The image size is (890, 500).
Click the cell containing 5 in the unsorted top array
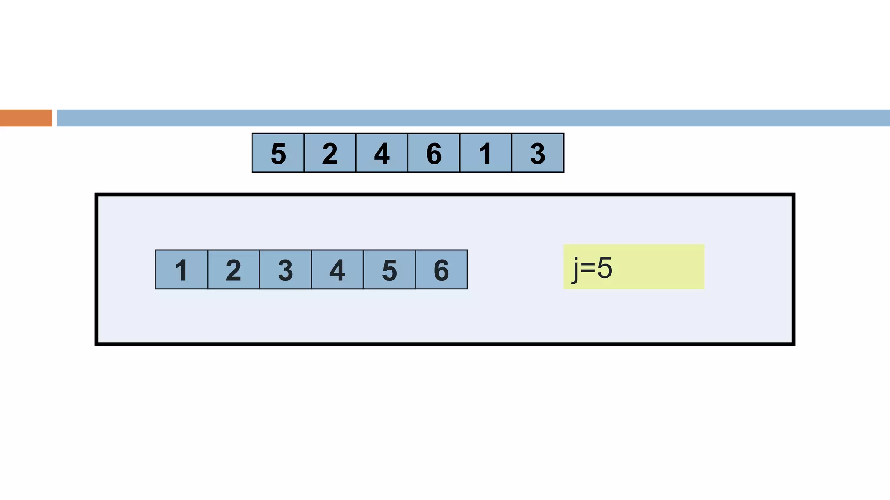[x=278, y=153]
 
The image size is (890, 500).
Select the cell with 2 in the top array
[x=330, y=153]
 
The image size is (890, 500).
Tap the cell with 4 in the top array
[x=382, y=153]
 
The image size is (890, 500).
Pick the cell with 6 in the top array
[x=434, y=153]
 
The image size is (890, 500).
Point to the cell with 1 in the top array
[x=485, y=153]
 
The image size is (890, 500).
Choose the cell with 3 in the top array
[x=538, y=153]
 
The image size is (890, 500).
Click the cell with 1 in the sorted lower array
[x=181, y=270]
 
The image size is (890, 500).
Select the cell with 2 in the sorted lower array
[x=233, y=270]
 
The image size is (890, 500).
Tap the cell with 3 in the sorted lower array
[x=285, y=270]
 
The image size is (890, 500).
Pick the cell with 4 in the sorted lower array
[x=337, y=270]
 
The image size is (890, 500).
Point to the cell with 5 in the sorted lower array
[x=389, y=270]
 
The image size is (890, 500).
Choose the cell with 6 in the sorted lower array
[x=441, y=270]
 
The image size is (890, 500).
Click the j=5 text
[x=592, y=268]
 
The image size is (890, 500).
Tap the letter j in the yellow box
[x=575, y=269]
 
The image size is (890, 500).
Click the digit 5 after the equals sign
[x=604, y=268]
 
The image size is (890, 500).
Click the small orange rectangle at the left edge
[x=26, y=118]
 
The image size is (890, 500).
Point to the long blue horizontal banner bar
[x=473, y=118]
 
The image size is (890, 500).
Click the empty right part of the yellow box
[x=665, y=267]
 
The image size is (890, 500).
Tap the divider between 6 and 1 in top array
[x=460, y=153]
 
